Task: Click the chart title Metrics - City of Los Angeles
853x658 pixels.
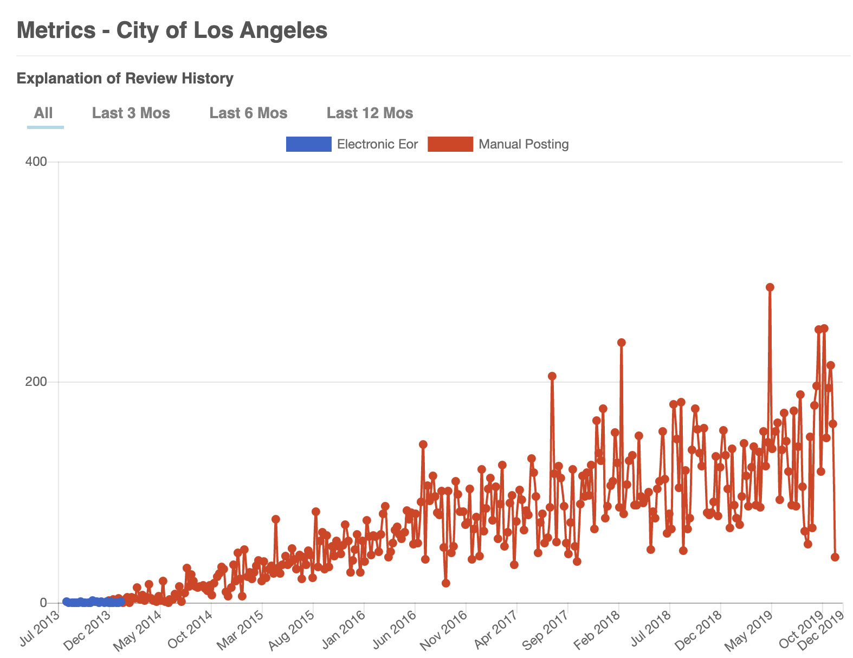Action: coord(172,30)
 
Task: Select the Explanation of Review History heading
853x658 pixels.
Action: coord(125,79)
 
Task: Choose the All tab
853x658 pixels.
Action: coord(43,113)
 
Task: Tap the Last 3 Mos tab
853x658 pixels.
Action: coord(131,113)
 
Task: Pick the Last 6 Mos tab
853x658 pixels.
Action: coord(248,113)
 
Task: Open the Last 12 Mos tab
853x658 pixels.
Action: coord(370,113)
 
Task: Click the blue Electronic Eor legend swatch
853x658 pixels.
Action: coord(308,144)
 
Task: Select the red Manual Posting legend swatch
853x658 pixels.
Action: coord(450,144)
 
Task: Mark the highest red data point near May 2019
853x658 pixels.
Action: coord(770,287)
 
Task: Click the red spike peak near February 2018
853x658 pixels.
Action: coord(622,343)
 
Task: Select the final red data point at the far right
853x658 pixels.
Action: coord(835,557)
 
